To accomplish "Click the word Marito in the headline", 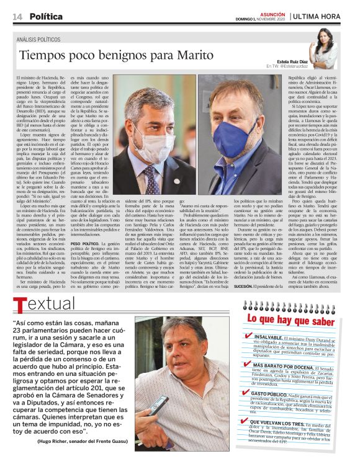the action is click(x=177, y=55).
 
